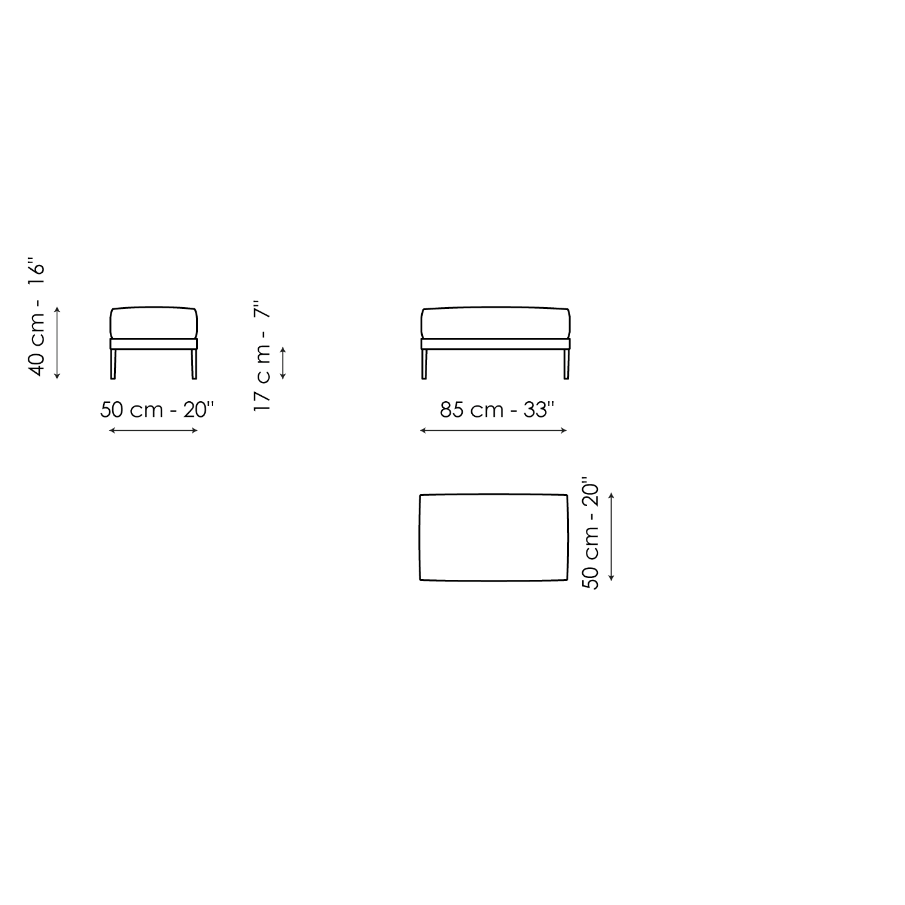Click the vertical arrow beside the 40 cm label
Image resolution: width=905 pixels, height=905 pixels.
(x=57, y=343)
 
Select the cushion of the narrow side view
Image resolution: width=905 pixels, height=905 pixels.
(x=153, y=323)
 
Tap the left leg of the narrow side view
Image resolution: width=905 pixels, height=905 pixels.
(x=113, y=364)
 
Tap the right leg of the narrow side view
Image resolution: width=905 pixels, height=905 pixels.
(x=194, y=364)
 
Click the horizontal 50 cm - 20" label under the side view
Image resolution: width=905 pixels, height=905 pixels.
(x=157, y=410)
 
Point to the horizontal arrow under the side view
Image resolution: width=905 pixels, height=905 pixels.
(x=153, y=430)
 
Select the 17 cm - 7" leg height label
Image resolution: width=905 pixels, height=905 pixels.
(x=262, y=356)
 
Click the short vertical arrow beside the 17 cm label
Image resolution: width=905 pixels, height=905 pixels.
(x=283, y=363)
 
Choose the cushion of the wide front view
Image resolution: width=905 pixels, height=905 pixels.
(x=495, y=323)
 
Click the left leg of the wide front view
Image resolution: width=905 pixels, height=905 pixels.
(x=424, y=364)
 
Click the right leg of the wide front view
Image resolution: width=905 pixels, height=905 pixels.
(x=566, y=364)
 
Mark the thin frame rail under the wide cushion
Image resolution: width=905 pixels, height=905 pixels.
(x=495, y=343)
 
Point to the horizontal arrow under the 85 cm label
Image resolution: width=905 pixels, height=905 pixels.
(x=494, y=430)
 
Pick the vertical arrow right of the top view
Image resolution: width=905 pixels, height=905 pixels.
(x=611, y=537)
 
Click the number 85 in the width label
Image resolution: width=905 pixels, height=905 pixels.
(x=451, y=410)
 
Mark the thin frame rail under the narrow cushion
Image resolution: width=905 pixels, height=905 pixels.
(x=153, y=343)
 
